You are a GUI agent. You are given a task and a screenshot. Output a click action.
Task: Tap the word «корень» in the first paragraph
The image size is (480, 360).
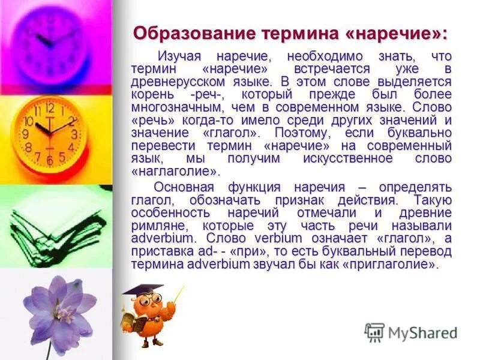tap(153, 94)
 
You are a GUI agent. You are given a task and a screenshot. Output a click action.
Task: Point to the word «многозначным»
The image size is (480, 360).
tap(181, 107)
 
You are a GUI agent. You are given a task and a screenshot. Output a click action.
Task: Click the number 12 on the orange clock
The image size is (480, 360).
tap(50, 108)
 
